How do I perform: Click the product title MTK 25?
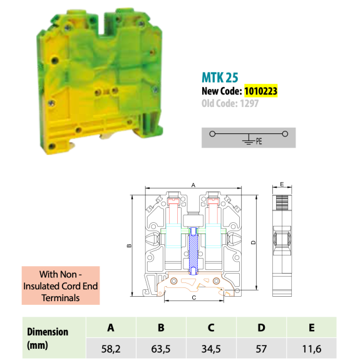[x=220, y=78]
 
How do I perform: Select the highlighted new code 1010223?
[x=260, y=91]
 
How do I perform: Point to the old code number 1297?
[x=249, y=103]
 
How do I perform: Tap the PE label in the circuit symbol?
[x=259, y=141]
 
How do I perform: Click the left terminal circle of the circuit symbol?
[x=212, y=134]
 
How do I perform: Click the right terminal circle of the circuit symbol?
[x=285, y=134]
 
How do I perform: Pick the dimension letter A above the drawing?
[x=193, y=185]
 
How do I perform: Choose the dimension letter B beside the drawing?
[x=129, y=245]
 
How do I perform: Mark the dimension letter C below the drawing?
[x=194, y=298]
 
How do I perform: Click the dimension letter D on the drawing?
[x=254, y=242]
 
